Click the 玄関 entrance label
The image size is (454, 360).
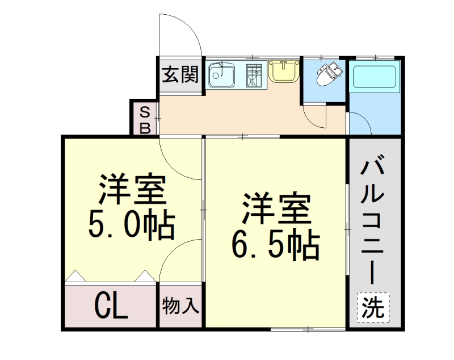180,75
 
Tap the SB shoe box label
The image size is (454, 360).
145,119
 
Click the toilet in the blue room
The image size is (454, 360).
327,74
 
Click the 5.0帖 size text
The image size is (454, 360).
131,226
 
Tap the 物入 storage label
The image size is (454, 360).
180,307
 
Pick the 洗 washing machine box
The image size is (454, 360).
373,307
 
